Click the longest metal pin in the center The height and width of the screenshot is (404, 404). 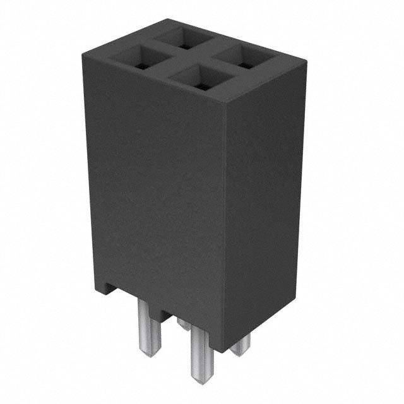tap(201, 347)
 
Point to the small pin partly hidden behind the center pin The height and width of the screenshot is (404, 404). tap(183, 324)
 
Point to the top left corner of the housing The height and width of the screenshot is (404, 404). tap(84, 55)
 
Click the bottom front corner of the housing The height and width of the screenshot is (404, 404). tap(224, 351)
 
